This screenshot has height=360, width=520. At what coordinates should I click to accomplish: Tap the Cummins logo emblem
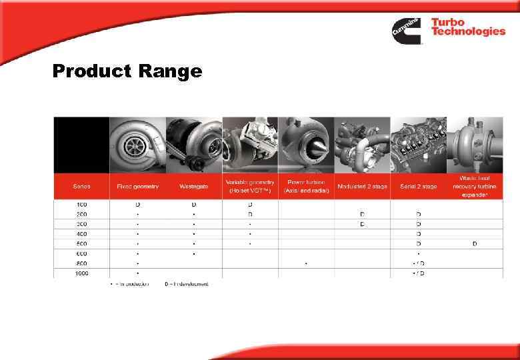click(405, 29)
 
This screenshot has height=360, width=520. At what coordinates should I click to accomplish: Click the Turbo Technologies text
click(467, 27)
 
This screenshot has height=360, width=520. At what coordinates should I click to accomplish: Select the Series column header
click(81, 187)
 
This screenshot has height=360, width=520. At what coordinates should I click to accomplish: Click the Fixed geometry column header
click(138, 187)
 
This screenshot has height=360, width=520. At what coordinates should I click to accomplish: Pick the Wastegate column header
click(194, 187)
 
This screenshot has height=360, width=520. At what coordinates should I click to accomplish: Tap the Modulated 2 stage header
click(362, 187)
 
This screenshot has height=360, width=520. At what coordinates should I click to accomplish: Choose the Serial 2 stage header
click(418, 187)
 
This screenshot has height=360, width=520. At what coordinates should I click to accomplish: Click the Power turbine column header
click(305, 187)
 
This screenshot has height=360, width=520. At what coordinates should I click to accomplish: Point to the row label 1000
click(81, 273)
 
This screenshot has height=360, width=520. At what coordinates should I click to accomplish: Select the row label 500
click(81, 243)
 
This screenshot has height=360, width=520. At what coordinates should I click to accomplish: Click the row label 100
click(81, 204)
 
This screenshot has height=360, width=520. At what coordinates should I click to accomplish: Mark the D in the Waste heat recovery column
click(474, 243)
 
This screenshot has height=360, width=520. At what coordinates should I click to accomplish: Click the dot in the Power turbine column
click(306, 263)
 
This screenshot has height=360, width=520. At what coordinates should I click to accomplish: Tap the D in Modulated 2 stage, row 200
click(362, 214)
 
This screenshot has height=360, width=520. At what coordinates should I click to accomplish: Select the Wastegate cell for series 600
click(194, 253)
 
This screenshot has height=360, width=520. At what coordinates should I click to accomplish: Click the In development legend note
click(187, 284)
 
